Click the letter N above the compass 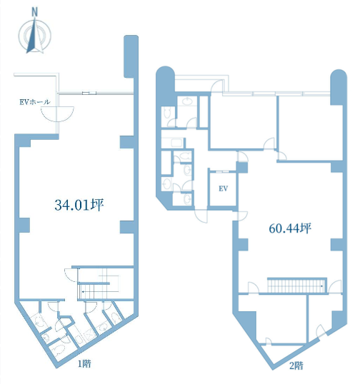tap(35, 12)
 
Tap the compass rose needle tap(34, 36)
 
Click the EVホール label tap(35, 102)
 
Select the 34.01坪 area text tap(79, 205)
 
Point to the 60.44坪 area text tap(290, 228)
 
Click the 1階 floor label tap(84, 364)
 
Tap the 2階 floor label tap(296, 365)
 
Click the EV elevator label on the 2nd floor tap(224, 188)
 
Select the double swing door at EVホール tap(57, 114)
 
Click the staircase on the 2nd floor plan tap(297, 286)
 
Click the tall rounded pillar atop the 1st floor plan tap(131, 56)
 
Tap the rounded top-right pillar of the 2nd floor tap(339, 87)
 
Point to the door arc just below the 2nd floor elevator tap(201, 216)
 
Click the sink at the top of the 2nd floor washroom tap(187, 101)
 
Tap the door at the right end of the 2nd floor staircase tap(335, 286)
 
